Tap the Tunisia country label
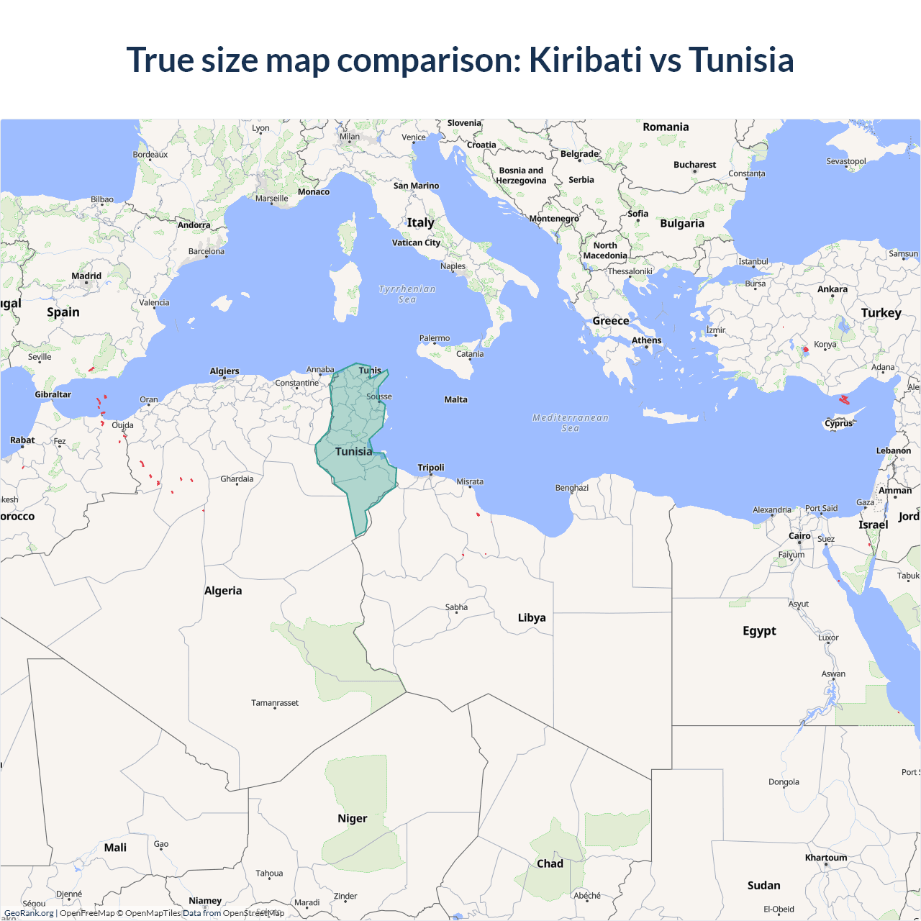353,452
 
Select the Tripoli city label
431,468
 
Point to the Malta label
455,399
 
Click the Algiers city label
224,371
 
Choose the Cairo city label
799,536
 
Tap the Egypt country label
759,631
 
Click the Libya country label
532,618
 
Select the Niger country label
352,819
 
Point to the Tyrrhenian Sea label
407,294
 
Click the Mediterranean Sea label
571,422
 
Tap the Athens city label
646,340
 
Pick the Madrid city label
86,276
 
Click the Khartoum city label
826,858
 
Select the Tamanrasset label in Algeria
275,703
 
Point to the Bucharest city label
694,165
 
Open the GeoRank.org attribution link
29,913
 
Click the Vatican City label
416,242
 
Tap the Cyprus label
838,424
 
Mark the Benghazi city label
572,488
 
